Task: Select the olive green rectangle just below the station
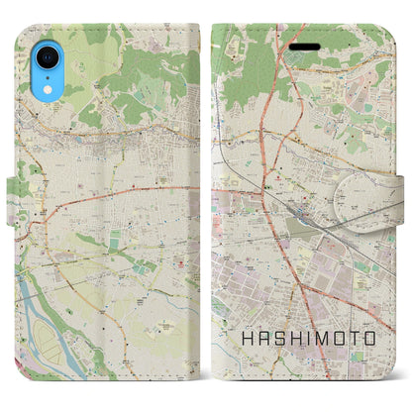298,227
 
